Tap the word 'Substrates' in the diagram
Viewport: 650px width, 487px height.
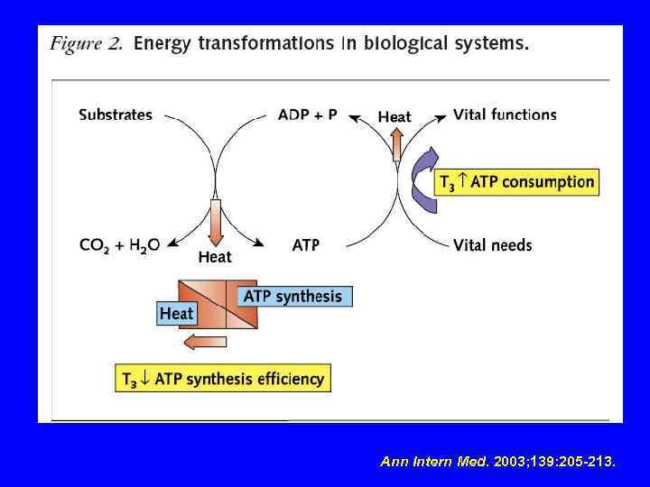point(116,115)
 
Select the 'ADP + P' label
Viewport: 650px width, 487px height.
point(307,115)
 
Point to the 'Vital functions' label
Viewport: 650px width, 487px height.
point(505,115)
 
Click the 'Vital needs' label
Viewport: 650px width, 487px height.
point(493,244)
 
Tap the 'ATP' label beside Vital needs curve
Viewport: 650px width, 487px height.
point(306,244)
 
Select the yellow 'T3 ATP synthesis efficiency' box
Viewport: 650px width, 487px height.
point(223,378)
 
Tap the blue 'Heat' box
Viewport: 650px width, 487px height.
point(176,313)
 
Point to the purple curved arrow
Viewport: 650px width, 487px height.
point(422,179)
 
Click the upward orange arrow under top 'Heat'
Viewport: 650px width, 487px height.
point(395,143)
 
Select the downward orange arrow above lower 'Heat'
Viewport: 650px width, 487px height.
point(215,222)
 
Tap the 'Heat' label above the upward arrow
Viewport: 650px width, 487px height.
point(395,116)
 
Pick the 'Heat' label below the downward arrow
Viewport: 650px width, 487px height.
point(215,258)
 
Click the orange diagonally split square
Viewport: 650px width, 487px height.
point(218,304)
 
